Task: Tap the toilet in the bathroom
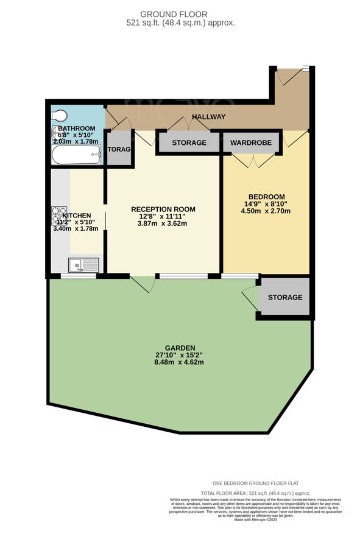60,116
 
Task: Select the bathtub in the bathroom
77,155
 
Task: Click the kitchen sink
82,265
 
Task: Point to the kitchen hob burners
59,216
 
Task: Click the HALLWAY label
208,117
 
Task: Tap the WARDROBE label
252,143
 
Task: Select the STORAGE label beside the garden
284,297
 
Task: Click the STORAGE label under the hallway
189,143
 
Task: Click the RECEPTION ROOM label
163,209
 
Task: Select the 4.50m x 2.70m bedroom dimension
265,211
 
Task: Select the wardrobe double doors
251,160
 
